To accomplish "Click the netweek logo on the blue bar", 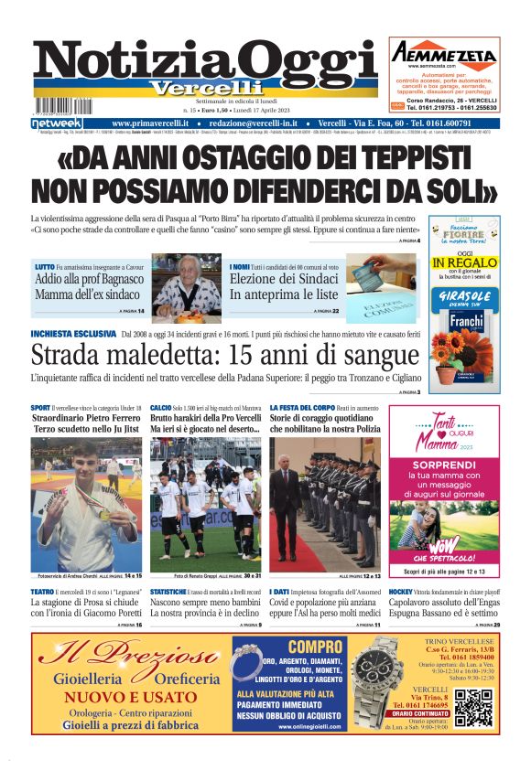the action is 56,123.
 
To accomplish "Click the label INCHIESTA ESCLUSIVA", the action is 72,334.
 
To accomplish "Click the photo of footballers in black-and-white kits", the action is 205,503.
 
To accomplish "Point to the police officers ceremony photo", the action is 325,503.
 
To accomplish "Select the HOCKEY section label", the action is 402,593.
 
